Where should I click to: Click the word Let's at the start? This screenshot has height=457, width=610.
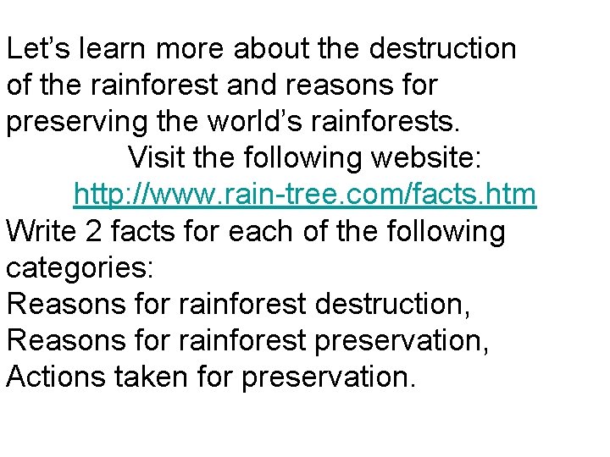coord(38,48)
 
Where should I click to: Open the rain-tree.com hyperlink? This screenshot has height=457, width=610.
coord(305,195)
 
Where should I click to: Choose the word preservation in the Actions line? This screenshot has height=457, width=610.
coord(329,377)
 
